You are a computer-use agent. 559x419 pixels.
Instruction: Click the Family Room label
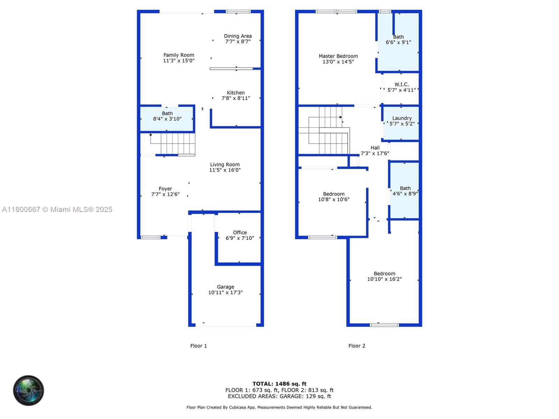179,55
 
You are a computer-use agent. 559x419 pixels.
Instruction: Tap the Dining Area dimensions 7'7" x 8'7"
238,42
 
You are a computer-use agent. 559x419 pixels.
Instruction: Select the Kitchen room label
235,93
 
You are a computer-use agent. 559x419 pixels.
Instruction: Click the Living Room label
225,164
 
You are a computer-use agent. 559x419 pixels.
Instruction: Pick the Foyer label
165,189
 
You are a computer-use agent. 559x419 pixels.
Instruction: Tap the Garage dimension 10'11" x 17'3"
225,293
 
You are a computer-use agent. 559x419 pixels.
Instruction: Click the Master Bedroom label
338,56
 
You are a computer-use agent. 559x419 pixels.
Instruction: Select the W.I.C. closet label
401,84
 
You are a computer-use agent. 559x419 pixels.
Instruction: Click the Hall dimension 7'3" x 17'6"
375,153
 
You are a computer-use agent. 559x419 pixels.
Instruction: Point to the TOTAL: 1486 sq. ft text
279,384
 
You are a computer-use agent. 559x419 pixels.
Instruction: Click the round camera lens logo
29,390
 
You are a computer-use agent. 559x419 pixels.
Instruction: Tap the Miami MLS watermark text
57,209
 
